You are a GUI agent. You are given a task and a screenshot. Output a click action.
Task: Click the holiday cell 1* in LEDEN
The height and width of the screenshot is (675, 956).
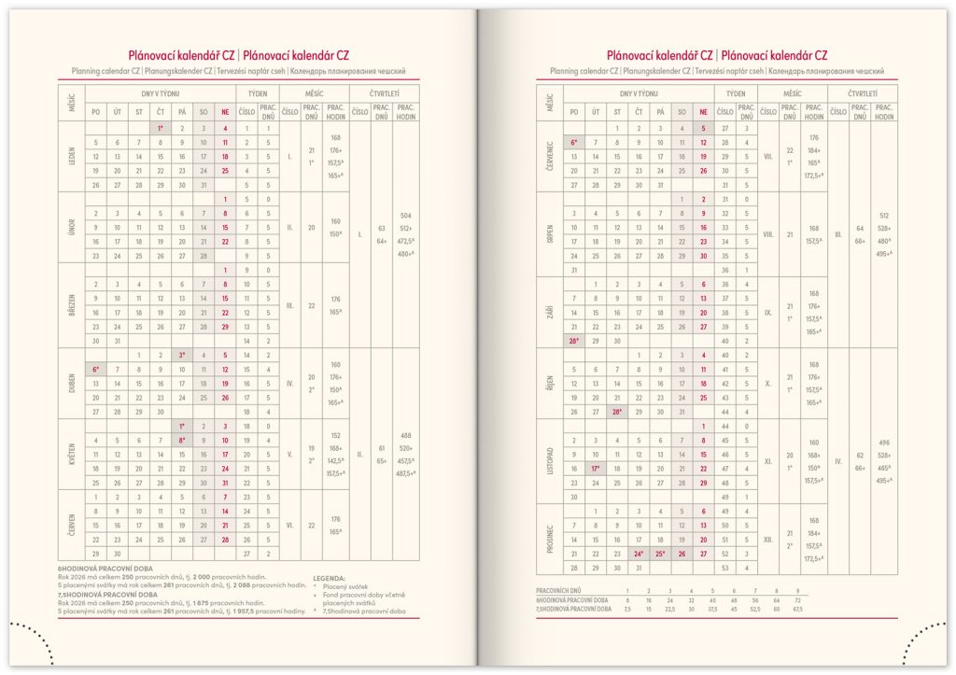pyautogui.click(x=160, y=128)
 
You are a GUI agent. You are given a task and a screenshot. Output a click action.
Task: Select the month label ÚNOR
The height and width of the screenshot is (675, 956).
pyautogui.click(x=71, y=228)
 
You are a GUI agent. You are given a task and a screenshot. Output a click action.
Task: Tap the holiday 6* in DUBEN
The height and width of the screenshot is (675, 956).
pyautogui.click(x=95, y=370)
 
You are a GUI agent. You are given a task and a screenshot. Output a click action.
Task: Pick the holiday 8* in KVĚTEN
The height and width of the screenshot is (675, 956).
pyautogui.click(x=182, y=440)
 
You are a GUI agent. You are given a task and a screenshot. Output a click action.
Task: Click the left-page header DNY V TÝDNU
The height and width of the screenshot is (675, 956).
pyautogui.click(x=160, y=94)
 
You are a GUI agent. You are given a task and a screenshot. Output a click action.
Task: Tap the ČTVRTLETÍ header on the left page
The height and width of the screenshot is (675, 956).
pyautogui.click(x=385, y=94)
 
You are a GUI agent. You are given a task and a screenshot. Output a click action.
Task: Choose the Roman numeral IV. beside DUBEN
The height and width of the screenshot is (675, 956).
pyautogui.click(x=290, y=384)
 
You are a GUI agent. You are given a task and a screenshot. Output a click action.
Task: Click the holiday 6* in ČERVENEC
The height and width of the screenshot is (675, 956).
pyautogui.click(x=573, y=142)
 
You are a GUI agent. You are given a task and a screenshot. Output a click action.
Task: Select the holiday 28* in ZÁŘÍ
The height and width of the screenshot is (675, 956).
pyautogui.click(x=573, y=341)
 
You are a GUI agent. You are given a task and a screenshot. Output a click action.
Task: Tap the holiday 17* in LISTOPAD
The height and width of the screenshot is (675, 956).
pyautogui.click(x=595, y=468)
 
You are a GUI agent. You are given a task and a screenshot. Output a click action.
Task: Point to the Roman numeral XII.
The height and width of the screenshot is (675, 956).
pyautogui.click(x=768, y=539)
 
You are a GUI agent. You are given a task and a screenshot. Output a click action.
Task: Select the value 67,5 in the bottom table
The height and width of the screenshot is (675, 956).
pyautogui.click(x=796, y=609)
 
